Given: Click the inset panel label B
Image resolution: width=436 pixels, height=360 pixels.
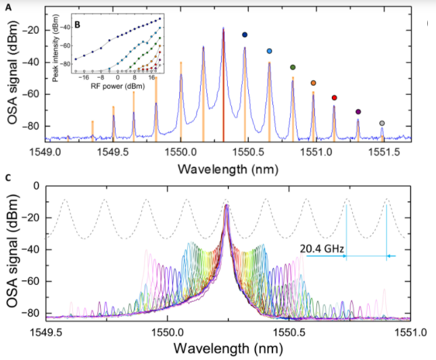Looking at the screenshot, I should (x=78, y=25).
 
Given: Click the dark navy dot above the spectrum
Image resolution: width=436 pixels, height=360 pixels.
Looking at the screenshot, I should (x=245, y=35).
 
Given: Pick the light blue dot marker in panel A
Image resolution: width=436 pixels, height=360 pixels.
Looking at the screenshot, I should (x=270, y=51).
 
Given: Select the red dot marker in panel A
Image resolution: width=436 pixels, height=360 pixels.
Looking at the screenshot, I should (x=335, y=98).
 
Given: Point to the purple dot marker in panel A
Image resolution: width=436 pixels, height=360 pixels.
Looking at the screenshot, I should (x=358, y=112).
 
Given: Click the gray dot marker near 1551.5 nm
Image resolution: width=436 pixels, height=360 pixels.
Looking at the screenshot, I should (x=382, y=123).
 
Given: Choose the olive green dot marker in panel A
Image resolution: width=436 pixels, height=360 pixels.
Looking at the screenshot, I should (x=293, y=67).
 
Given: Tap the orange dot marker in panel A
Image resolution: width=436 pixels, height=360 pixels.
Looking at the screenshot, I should (x=313, y=83).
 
